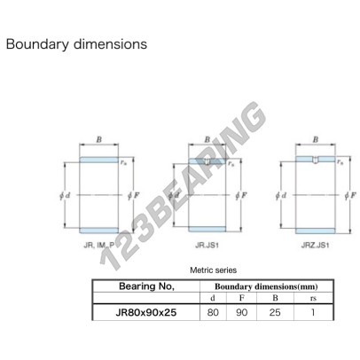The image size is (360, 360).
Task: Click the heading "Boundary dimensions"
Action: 76,44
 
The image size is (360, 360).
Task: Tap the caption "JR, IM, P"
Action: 99,245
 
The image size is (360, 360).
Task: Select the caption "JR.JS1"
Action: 207,245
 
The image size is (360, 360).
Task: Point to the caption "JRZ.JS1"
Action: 315,245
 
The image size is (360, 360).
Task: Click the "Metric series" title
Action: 213,270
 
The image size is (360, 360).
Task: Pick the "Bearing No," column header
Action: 146,286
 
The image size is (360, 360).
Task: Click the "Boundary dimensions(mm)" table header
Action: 266,286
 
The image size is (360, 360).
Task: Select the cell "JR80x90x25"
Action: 146,312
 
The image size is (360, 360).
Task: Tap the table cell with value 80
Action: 213,312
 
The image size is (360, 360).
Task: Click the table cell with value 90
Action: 241,312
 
